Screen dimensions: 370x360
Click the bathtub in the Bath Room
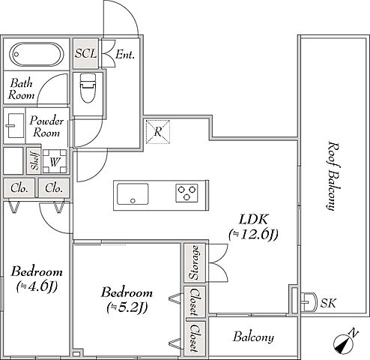pyautogui.click(x=37, y=55)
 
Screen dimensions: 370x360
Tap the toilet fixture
pyautogui.click(x=88, y=88)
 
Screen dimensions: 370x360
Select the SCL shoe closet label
pyautogui.click(x=85, y=53)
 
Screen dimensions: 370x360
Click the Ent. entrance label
pyautogui.click(x=125, y=55)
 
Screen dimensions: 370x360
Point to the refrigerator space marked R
pyautogui.click(x=158, y=132)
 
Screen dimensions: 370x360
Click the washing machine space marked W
pyautogui.click(x=55, y=161)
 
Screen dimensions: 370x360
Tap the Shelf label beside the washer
pyautogui.click(x=34, y=161)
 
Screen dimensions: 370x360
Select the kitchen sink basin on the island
pyautogui.click(x=133, y=194)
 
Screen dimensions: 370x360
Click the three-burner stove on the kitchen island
pyautogui.click(x=186, y=193)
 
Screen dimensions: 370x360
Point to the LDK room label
pyautogui.click(x=254, y=219)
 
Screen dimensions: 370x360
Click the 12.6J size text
pyautogui.click(x=253, y=235)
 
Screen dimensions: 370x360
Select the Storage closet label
pyautogui.click(x=195, y=262)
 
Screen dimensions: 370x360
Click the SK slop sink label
pyautogui.click(x=328, y=303)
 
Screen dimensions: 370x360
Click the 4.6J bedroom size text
pyautogui.click(x=37, y=286)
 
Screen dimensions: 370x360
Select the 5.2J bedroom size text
pyautogui.click(x=127, y=307)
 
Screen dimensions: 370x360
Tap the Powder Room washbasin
pyautogui.click(x=16, y=125)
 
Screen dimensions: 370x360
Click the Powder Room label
pyautogui.click(x=46, y=127)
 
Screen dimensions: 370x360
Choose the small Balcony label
pyautogui.click(x=253, y=337)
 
